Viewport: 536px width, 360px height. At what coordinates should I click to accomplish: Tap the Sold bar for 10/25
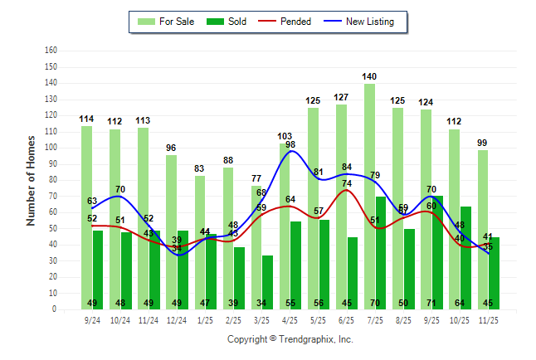466,265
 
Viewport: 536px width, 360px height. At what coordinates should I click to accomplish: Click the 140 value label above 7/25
369,76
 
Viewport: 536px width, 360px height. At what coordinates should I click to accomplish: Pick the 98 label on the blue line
290,144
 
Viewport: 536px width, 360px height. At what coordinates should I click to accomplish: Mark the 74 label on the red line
346,183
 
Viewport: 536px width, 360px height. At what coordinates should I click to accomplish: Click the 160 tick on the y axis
51,51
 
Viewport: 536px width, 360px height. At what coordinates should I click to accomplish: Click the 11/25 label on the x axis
488,319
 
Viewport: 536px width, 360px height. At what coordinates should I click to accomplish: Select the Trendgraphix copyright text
290,339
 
